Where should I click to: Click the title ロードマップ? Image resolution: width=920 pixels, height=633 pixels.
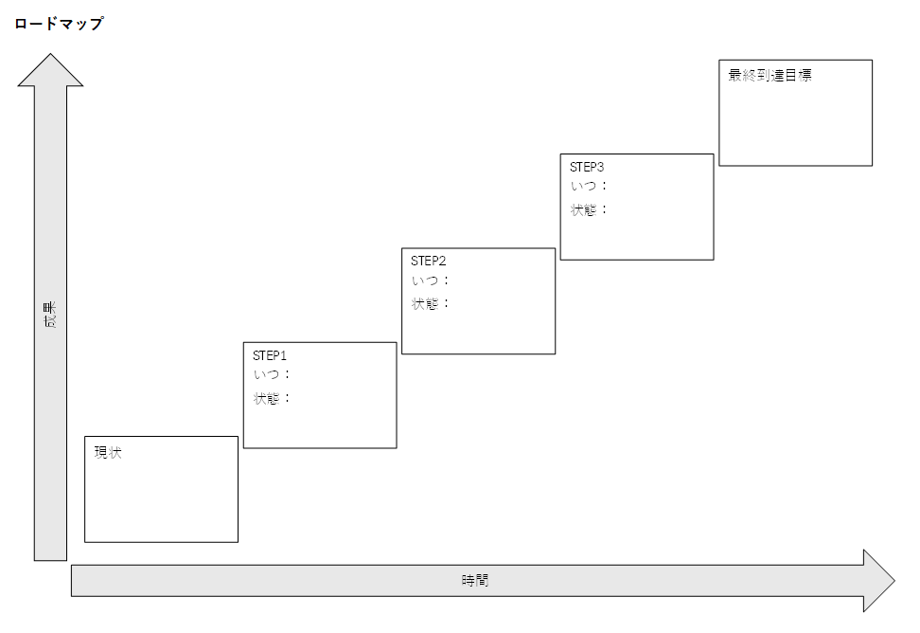tap(59, 24)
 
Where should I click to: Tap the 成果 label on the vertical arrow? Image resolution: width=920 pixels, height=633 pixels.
tap(50, 316)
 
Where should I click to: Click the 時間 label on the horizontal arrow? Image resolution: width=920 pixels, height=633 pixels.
tap(475, 580)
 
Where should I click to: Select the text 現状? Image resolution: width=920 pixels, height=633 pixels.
tap(108, 453)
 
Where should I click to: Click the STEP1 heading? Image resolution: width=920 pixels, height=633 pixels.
tap(270, 355)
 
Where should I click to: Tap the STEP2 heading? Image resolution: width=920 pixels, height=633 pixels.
tap(428, 261)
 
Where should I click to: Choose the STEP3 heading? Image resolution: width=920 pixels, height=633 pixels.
tap(587, 167)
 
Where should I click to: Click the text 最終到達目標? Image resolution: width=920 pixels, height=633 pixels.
tap(770, 76)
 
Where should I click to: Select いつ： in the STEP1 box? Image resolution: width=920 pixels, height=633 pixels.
tap(272, 374)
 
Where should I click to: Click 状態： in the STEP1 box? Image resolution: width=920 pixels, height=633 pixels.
tap(272, 398)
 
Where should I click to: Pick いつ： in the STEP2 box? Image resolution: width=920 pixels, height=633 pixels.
tap(431, 280)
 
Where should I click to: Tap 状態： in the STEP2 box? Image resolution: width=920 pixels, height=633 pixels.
tap(431, 304)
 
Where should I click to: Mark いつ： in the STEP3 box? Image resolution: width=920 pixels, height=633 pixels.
tap(589, 186)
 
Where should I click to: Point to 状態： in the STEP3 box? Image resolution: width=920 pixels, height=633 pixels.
tap(589, 209)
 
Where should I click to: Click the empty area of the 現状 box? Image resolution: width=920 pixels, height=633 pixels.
tap(161, 502)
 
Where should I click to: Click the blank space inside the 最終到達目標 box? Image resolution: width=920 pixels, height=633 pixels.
tap(795, 128)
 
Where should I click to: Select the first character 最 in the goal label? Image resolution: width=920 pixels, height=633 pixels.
tap(734, 76)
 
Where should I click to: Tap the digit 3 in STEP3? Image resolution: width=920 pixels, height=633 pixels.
tap(600, 167)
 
